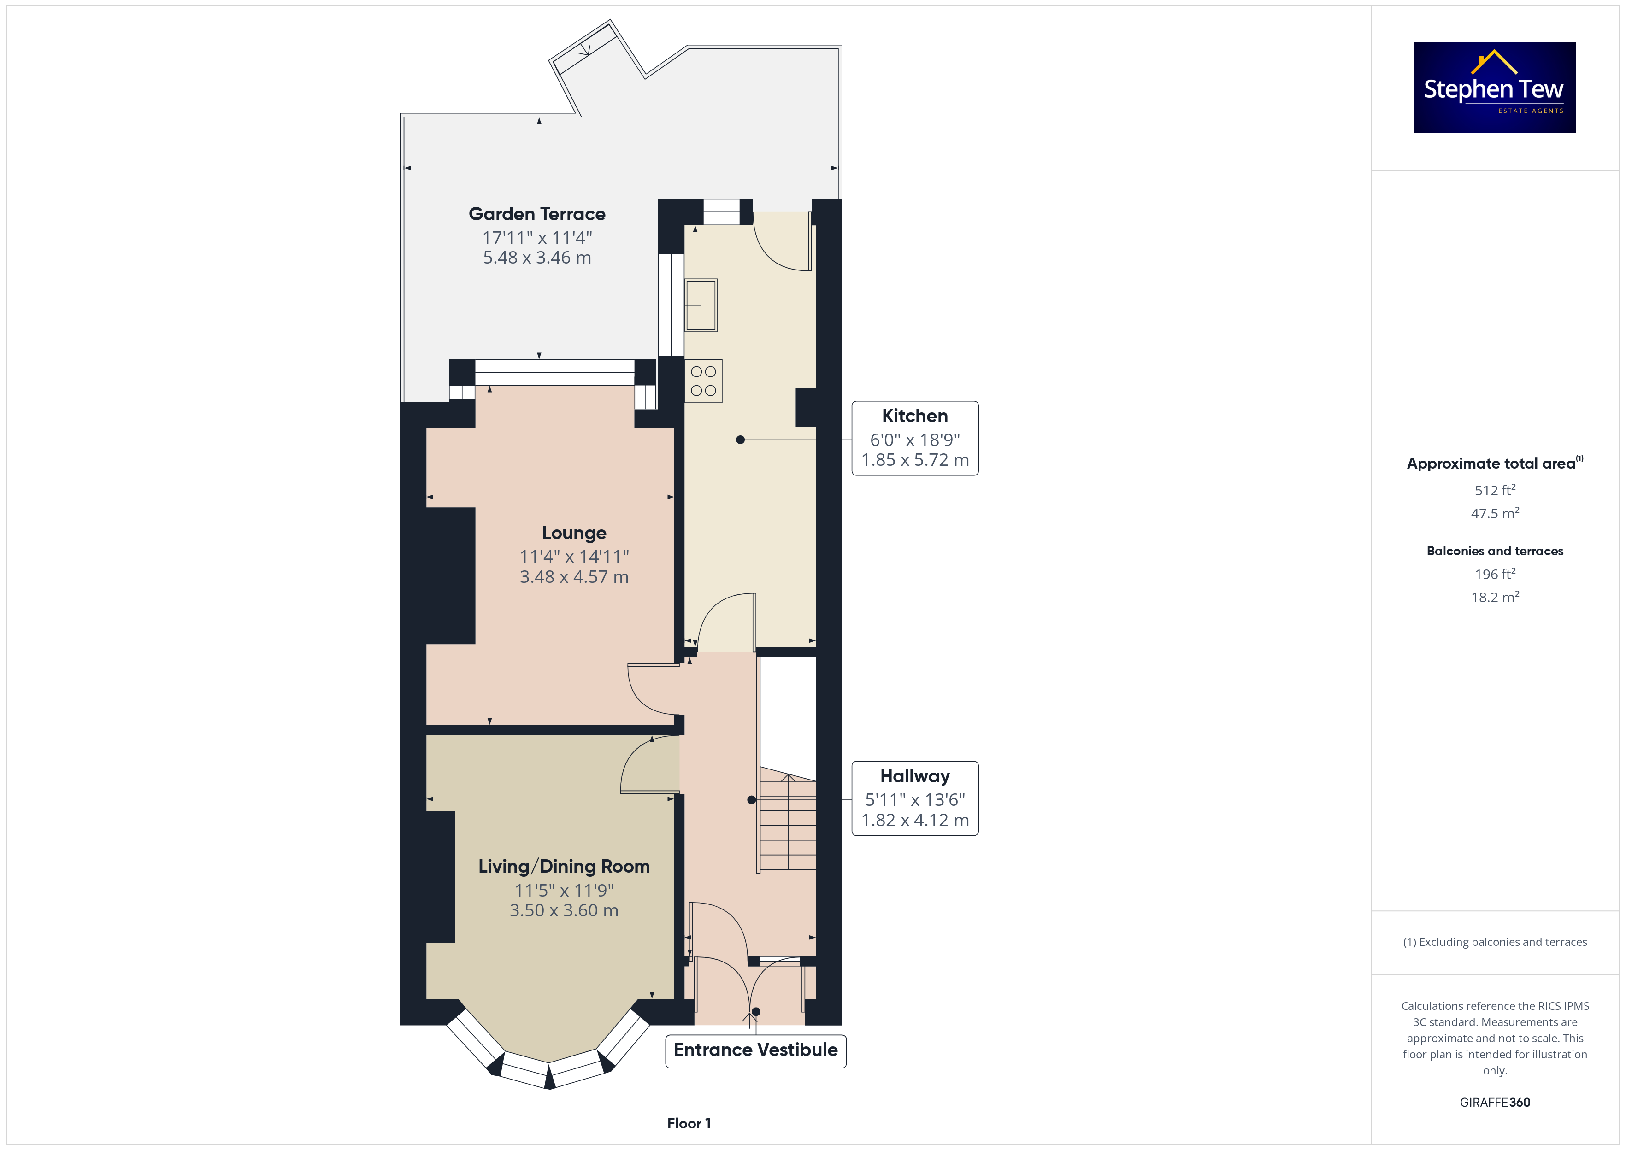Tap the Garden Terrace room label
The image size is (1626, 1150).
tap(537, 214)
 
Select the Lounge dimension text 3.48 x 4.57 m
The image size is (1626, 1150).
tap(574, 577)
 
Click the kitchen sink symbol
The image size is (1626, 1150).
tap(701, 305)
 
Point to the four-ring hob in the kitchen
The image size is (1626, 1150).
tap(703, 381)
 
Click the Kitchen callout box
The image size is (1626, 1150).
tap(915, 438)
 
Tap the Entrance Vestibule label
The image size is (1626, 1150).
tap(756, 1050)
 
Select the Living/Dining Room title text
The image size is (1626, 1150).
tap(564, 867)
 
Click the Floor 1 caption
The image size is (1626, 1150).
tap(689, 1123)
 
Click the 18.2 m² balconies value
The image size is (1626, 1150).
tap(1495, 597)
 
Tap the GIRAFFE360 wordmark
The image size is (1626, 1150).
tap(1495, 1103)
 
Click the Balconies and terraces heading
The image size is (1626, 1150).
tap(1495, 551)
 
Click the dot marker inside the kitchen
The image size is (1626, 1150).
tap(740, 440)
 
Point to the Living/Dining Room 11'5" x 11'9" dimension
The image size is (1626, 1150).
tap(564, 890)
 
